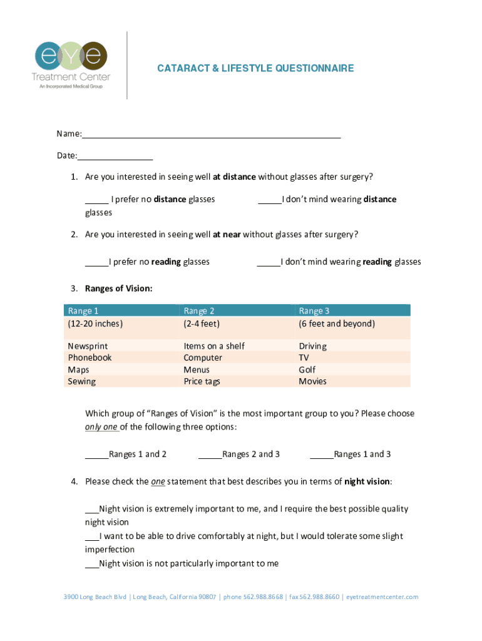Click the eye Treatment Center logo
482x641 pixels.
(x=70, y=64)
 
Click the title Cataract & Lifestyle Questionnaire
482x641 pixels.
(x=255, y=68)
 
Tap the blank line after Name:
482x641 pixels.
(x=212, y=134)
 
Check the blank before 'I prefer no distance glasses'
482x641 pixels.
(x=96, y=200)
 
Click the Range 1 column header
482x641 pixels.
(x=83, y=310)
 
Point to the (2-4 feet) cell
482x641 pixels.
(x=202, y=324)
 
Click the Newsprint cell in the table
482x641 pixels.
(x=88, y=346)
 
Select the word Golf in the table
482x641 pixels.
(x=308, y=370)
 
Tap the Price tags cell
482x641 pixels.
(x=202, y=381)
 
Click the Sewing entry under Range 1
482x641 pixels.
(x=81, y=381)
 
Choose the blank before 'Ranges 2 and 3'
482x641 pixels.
(x=210, y=455)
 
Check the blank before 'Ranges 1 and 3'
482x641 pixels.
(x=322, y=455)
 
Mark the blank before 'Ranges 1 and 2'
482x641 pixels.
(x=96, y=455)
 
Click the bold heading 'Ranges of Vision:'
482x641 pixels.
(x=119, y=289)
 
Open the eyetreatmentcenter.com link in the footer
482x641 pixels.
(x=382, y=597)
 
